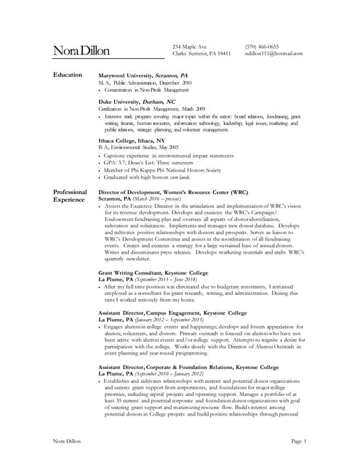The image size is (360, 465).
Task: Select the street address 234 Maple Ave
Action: tap(190, 46)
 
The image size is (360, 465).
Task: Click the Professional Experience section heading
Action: tap(71, 195)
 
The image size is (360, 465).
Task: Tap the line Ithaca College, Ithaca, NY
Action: tap(132, 140)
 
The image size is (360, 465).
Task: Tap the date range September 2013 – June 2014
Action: tap(172, 280)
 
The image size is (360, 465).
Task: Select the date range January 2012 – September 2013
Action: tap(172, 320)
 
